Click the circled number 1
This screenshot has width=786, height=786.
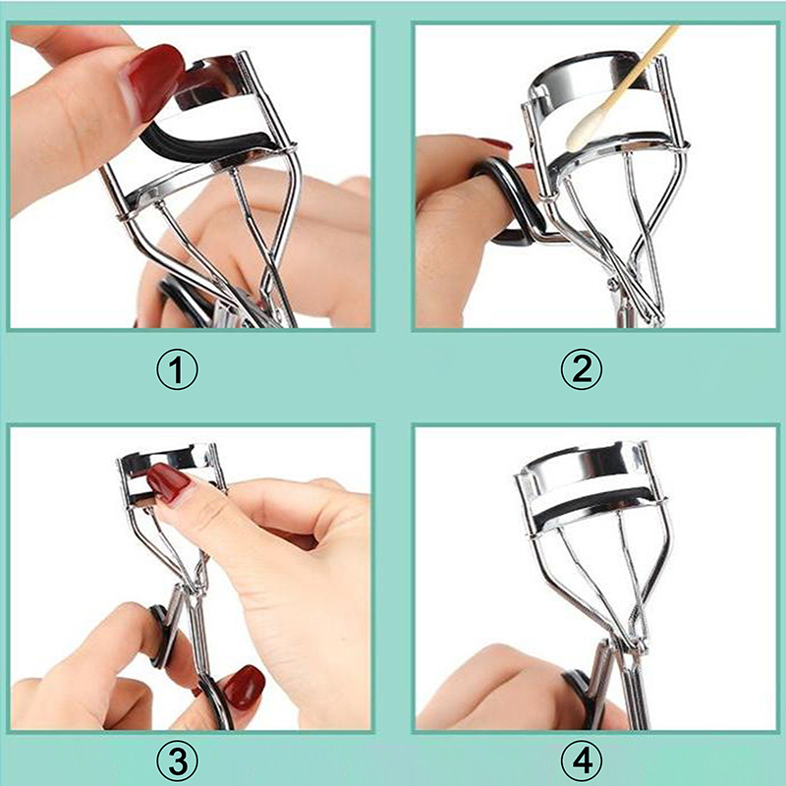pyautogui.click(x=177, y=369)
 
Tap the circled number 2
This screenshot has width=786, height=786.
pyautogui.click(x=582, y=369)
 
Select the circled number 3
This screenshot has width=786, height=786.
pyautogui.click(x=177, y=761)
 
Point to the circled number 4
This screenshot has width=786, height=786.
pyautogui.click(x=582, y=761)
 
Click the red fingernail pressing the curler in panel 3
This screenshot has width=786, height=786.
pyautogui.click(x=168, y=482)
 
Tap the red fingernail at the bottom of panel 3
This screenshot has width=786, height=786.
pyautogui.click(x=244, y=687)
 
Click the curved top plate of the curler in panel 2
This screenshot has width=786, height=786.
pyautogui.click(x=596, y=76)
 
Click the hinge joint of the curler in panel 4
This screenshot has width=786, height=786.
pyautogui.click(x=638, y=646)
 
